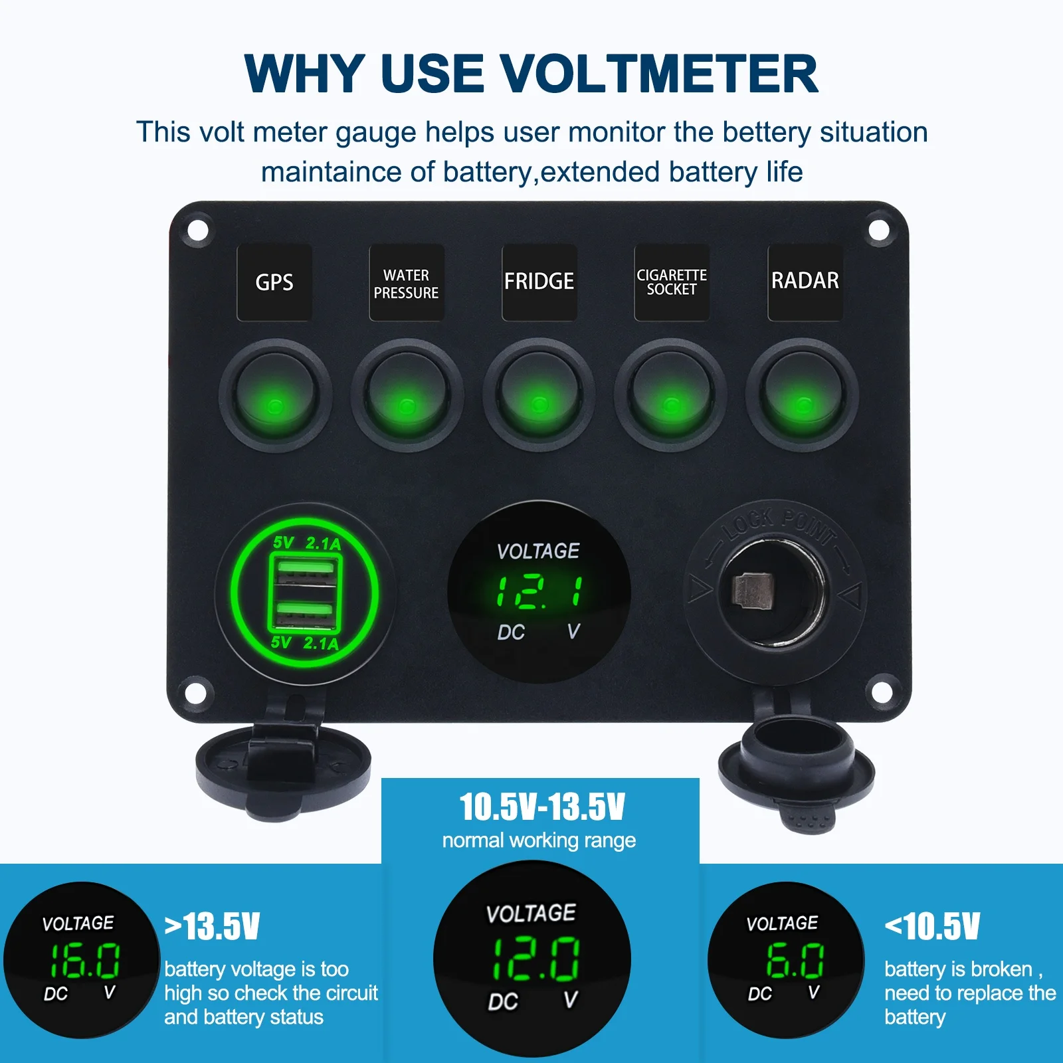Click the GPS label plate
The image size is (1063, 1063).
point(274,282)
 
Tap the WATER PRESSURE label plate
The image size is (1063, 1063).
point(406,282)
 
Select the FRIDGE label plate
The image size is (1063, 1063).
point(539,282)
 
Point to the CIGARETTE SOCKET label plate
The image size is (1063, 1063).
point(672,282)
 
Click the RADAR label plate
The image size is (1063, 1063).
point(805,282)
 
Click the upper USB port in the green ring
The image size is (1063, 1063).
point(305,571)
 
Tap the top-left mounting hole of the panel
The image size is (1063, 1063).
point(197,230)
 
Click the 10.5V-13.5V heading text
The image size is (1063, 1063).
point(542,807)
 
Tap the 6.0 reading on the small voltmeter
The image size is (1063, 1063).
point(795,961)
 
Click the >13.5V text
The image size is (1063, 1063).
point(212,926)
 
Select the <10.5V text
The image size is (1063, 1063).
point(932,926)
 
